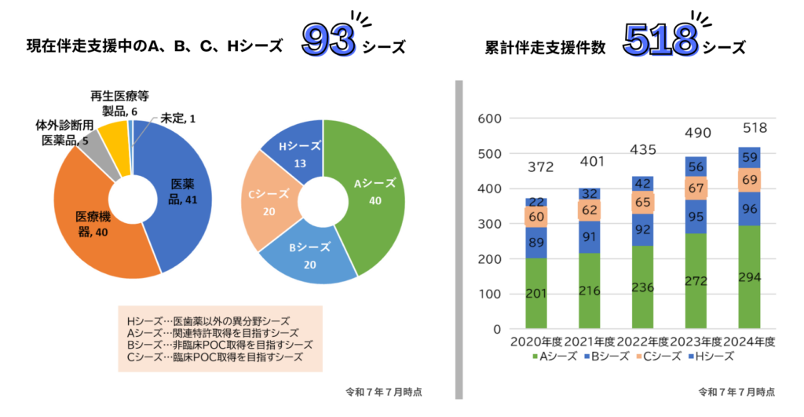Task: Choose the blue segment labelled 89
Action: click(x=537, y=242)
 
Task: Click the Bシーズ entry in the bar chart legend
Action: click(x=606, y=357)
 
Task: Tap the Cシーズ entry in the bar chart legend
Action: click(x=660, y=357)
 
